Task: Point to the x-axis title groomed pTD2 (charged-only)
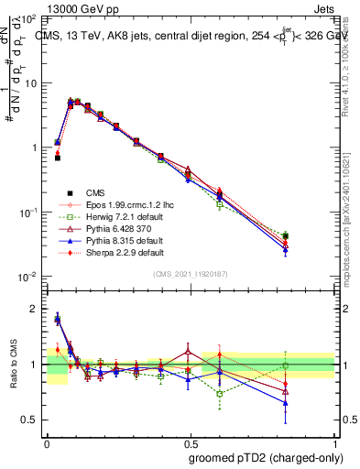[x=267, y=456]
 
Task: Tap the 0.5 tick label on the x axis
[x=191, y=441]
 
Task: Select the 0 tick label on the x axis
[x=47, y=441]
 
